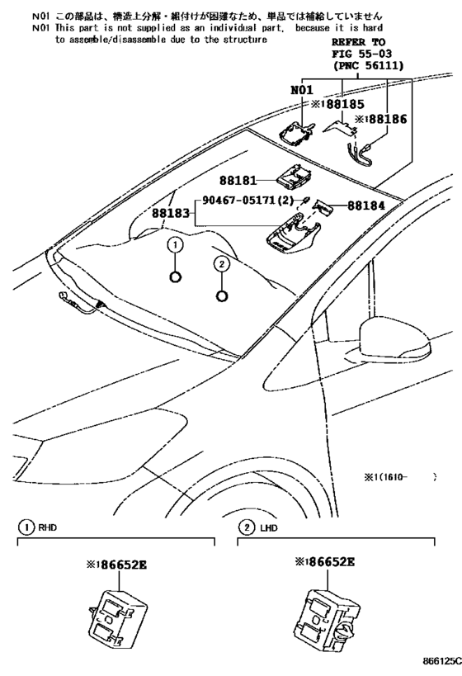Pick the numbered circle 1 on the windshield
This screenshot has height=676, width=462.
(174, 244)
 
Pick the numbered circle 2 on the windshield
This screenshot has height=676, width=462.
(221, 264)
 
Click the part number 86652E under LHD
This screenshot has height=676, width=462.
(324, 562)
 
